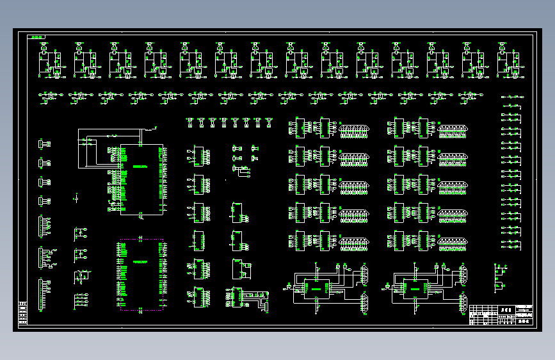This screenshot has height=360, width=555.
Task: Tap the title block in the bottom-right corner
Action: pos(501,315)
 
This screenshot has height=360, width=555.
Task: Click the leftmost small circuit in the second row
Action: pos(49,96)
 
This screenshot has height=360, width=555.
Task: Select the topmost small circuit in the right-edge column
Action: pos(511,97)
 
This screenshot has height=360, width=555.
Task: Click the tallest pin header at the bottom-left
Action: pos(43,295)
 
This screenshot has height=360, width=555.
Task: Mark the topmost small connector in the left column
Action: pos(44,144)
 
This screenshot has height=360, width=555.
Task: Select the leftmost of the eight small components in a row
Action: pos(190,121)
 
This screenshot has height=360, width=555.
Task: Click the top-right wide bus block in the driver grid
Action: pos(452,131)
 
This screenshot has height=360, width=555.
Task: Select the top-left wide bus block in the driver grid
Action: pos(354,131)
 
